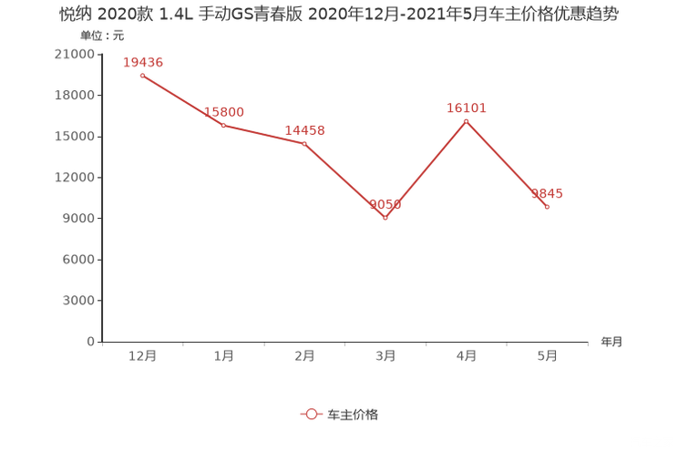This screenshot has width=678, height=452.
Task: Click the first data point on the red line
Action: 142,75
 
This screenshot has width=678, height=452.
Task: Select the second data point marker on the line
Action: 223,125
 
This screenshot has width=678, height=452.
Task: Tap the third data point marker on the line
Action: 304,143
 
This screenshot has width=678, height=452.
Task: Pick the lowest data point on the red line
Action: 385,217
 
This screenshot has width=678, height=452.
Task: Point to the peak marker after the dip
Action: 467,121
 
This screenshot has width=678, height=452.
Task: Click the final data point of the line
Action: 547,207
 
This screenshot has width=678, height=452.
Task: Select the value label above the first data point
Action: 142,61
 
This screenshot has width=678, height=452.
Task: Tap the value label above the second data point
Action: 223,111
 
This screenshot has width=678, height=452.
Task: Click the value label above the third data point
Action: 304,130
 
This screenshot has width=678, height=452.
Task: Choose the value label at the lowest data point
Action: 385,204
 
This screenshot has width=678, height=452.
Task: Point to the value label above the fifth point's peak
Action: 467,108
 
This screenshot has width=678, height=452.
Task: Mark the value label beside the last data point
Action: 549,193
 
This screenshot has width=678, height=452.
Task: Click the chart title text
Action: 339,15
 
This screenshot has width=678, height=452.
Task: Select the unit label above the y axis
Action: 95,36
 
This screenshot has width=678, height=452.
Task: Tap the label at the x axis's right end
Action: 611,342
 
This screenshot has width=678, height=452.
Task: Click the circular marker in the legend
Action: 312,414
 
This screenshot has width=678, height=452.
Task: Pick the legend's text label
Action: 352,414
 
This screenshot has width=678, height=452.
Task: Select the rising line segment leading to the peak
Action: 426,169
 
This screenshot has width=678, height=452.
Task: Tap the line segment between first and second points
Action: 182,99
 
